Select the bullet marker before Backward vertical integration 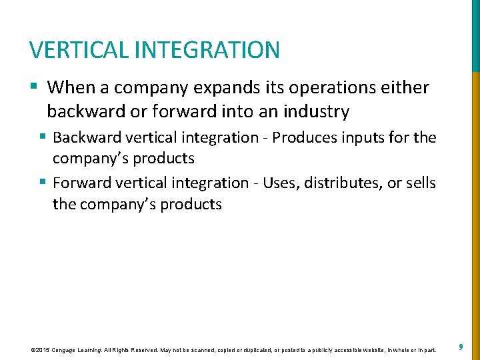coord(42,137)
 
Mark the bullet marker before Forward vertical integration coord(42,182)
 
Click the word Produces coord(305,138)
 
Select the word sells coord(420,183)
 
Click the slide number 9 coord(461,347)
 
